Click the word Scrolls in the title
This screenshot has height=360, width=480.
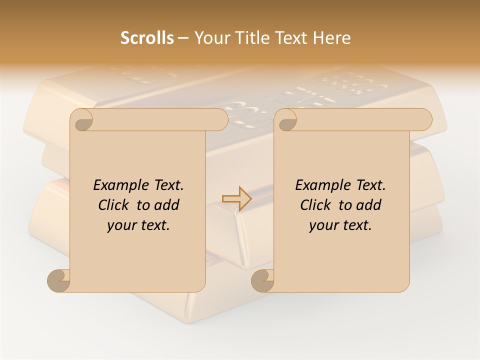point(147,38)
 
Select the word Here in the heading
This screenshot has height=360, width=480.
point(332,38)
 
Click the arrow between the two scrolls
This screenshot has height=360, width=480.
point(236,199)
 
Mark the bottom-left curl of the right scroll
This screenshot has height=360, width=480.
point(263,280)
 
